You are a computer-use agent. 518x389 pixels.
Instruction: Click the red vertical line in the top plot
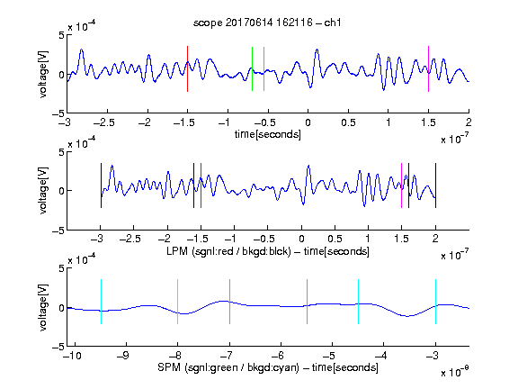pos(187,68)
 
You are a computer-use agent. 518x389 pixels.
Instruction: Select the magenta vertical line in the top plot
pos(428,68)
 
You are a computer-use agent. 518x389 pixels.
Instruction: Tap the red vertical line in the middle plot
pos(201,185)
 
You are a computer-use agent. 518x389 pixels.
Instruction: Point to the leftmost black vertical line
pos(101,185)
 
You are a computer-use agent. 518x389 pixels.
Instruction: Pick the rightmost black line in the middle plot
pos(435,185)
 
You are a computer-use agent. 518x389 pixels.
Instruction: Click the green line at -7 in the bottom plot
pos(229,302)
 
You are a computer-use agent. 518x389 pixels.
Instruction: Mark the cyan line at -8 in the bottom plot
pos(177,302)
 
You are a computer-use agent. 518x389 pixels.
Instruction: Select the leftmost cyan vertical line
pos(101,302)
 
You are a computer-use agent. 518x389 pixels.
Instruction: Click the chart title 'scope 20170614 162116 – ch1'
pos(267,23)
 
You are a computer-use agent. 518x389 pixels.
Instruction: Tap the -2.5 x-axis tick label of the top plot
pos(103,122)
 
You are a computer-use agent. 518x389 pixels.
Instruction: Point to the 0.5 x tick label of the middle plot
pos(335,239)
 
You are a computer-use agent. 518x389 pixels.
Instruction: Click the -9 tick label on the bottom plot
pos(123,356)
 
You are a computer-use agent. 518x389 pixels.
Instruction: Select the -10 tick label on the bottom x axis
pos(72,356)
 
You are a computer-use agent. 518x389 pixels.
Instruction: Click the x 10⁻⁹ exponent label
pos(455,372)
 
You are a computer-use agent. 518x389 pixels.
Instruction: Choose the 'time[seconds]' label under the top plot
pos(268,135)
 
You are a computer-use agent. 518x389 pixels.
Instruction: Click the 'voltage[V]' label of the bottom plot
pos(43,307)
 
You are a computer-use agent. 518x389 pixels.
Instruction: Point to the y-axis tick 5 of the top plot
pos(61,35)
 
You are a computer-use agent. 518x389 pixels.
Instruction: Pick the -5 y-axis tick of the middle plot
pos(58,231)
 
